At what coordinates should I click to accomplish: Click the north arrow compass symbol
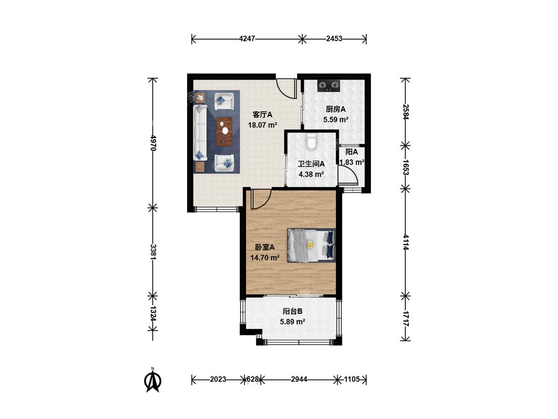pyautogui.click(x=153, y=380)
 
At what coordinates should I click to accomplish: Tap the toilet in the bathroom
pyautogui.click(x=311, y=140)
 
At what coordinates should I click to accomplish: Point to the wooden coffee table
pyautogui.click(x=224, y=132)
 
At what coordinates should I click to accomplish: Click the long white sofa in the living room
pyautogui.click(x=200, y=132)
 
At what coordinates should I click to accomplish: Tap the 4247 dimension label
pyautogui.click(x=247, y=39)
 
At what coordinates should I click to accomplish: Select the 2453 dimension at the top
pyautogui.click(x=334, y=39)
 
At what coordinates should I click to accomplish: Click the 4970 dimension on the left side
pyautogui.click(x=153, y=142)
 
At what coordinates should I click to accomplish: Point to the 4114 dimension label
pyautogui.click(x=406, y=242)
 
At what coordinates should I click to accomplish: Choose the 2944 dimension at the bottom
pyautogui.click(x=299, y=379)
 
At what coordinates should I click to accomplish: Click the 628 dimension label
pyautogui.click(x=252, y=379)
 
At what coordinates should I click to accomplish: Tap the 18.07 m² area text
pyautogui.click(x=262, y=125)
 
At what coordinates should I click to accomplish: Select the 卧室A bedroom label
pyautogui.click(x=265, y=247)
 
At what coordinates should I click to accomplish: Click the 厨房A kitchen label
pyautogui.click(x=336, y=109)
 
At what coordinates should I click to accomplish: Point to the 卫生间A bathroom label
pyautogui.click(x=311, y=164)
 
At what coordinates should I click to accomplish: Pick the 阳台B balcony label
pyautogui.click(x=293, y=311)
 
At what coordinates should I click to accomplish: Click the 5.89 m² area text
pyautogui.click(x=293, y=322)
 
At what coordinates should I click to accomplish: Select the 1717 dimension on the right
pyautogui.click(x=406, y=318)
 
